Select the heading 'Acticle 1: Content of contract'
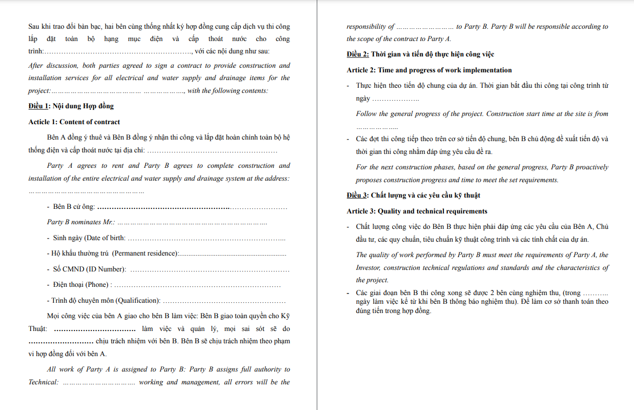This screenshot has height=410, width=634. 74,122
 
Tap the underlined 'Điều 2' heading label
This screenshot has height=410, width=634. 357,54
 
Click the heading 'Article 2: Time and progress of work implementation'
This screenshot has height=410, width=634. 429,70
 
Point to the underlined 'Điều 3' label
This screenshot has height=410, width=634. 357,196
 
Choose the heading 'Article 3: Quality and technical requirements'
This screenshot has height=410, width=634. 417,211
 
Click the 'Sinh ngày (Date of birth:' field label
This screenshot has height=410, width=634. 89,238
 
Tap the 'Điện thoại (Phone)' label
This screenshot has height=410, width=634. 80,285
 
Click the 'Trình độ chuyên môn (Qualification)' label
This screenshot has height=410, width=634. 106,301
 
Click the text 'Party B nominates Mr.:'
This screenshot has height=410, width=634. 81,222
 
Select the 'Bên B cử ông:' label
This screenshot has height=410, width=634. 74,207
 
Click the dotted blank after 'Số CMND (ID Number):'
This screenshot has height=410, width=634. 210,270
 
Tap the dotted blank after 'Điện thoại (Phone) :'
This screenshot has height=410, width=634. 198,285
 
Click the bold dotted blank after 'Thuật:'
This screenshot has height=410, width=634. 94,329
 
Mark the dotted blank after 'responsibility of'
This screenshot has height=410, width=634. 425,27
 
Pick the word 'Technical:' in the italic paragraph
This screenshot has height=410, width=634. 44,382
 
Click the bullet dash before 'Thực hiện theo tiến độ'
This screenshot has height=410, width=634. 349,86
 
